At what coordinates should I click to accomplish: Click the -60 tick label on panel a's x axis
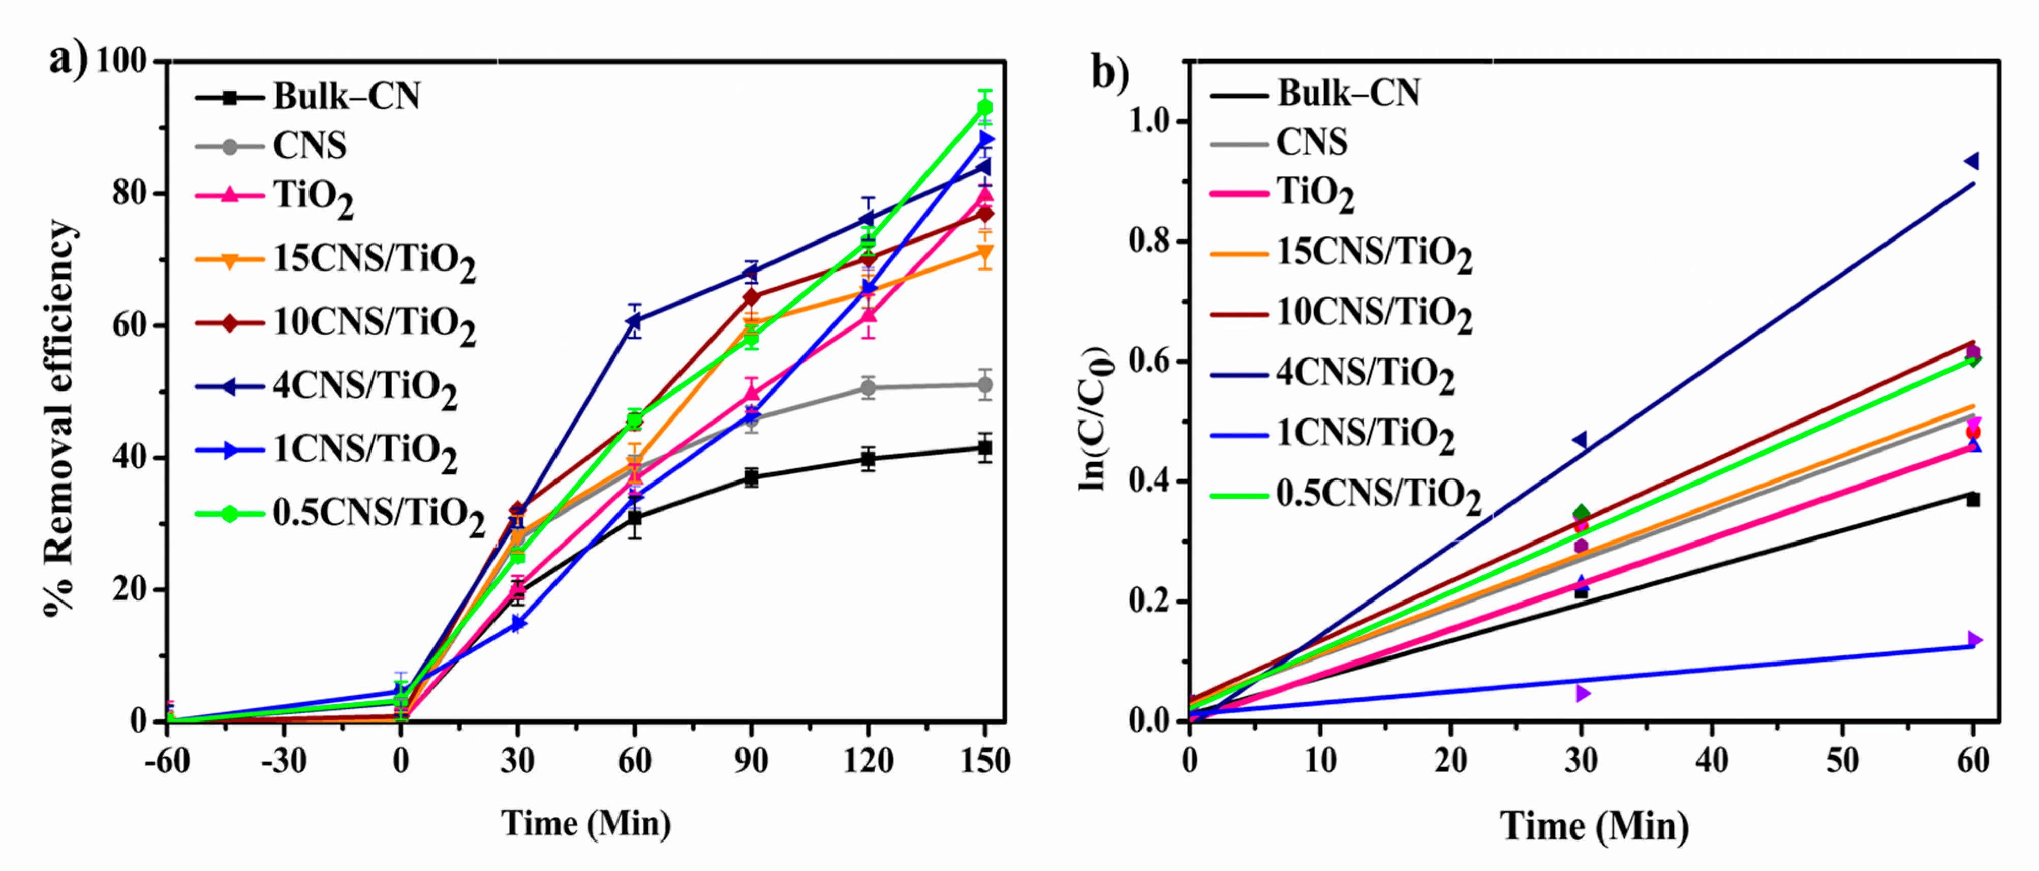(167, 761)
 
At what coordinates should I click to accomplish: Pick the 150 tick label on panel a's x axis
(984, 761)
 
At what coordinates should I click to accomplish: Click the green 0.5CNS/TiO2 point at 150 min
(984, 107)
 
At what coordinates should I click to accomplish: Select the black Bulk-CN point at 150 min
(984, 448)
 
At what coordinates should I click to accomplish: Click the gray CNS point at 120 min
(869, 388)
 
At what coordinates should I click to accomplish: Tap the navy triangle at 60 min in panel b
(1972, 162)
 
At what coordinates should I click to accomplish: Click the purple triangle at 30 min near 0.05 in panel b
(1582, 694)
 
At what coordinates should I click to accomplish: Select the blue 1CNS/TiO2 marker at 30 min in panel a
(518, 624)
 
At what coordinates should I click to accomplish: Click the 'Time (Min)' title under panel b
(1594, 827)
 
